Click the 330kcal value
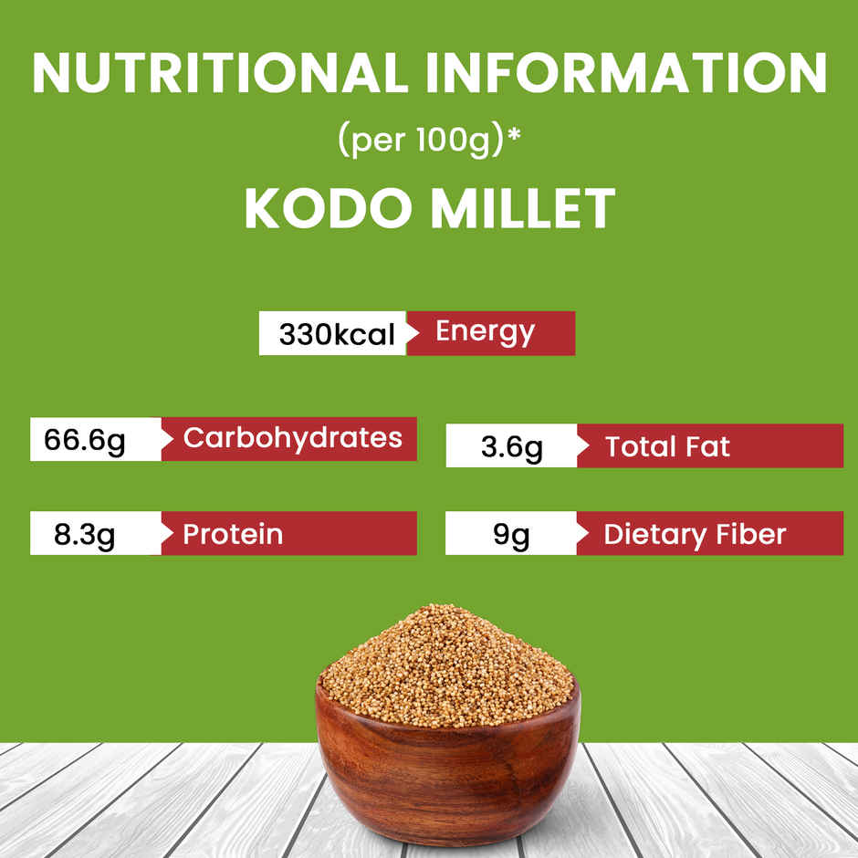point(336,334)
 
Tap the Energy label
point(485,331)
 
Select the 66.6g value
point(84,440)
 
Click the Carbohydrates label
point(292,438)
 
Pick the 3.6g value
point(511,447)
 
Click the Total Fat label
point(667,447)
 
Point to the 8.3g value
point(84,534)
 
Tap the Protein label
point(232,534)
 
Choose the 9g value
point(511,534)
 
